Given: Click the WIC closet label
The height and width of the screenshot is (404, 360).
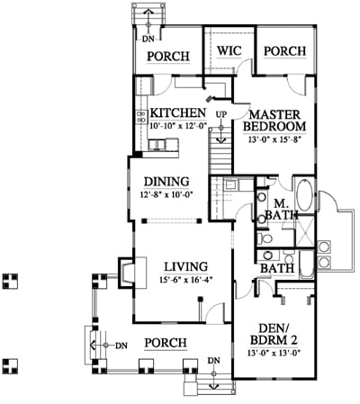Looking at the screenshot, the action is (x=229, y=50).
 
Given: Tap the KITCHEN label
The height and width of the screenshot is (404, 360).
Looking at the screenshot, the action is (x=178, y=112).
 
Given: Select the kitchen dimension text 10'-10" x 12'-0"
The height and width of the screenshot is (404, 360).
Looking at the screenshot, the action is (x=178, y=125).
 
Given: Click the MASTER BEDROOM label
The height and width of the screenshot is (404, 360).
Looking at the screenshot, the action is (x=274, y=121).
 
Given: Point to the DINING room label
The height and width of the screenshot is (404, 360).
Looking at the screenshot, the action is (x=166, y=182).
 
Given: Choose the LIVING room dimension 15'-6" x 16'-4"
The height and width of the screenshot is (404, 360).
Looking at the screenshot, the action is (x=186, y=280).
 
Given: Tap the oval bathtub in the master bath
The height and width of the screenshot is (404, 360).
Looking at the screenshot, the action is (x=303, y=195).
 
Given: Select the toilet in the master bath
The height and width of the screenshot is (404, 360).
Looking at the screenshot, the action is (x=265, y=238).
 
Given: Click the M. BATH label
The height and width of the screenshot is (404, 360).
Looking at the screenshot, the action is (x=282, y=210).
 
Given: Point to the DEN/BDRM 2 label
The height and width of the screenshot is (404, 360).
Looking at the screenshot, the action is (x=274, y=334).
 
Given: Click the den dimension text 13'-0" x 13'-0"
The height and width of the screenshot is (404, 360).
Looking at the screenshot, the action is (x=274, y=353).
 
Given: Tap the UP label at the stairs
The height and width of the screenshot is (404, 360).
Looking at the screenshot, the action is (x=221, y=114).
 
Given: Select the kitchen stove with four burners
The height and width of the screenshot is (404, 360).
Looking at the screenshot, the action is (x=141, y=116).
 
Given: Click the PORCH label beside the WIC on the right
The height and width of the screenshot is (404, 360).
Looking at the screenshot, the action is (x=285, y=51).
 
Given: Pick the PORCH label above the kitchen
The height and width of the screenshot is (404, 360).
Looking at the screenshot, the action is (x=168, y=57).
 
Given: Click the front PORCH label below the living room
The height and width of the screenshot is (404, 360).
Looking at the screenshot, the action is (x=166, y=343).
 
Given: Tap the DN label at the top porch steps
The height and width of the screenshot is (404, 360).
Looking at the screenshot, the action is (x=148, y=39).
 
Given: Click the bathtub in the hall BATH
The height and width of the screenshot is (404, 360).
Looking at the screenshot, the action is (x=306, y=265).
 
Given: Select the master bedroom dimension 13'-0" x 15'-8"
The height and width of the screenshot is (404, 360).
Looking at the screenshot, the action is (x=274, y=139).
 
